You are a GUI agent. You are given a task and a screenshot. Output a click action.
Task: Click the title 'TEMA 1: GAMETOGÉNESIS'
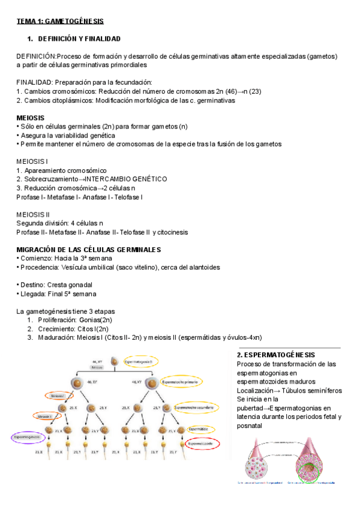click(60, 21)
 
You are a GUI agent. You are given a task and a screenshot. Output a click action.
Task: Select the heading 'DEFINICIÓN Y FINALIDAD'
click(79, 38)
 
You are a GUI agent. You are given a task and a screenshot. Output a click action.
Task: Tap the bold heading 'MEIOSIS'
click(31, 118)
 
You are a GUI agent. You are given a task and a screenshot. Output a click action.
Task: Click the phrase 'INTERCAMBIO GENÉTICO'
click(125, 179)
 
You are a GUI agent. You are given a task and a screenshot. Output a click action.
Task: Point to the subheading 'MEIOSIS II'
click(34, 214)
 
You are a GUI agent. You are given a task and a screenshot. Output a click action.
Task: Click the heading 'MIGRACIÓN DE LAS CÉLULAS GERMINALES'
click(89, 249)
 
